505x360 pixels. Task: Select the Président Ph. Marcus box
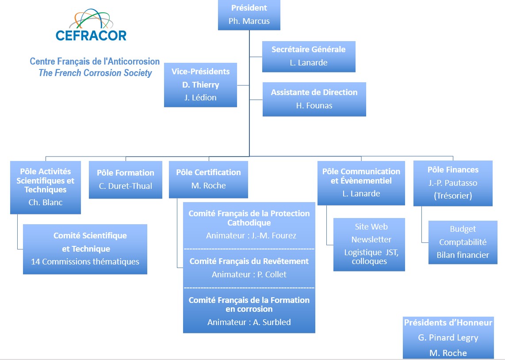coord(249,15)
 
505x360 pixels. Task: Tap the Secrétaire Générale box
coord(309,56)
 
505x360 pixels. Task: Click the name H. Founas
coord(314,105)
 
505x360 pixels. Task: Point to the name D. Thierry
coord(200,84)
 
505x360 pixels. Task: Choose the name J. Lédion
coord(200,98)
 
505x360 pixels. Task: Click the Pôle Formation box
coord(126,180)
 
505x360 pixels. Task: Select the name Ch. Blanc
coord(45,203)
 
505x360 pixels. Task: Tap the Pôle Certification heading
coord(208,172)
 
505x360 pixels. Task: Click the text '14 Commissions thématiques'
coord(85,261)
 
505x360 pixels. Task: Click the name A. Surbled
coord(272,322)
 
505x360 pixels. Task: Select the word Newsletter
coord(371,239)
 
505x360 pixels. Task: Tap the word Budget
coord(463,229)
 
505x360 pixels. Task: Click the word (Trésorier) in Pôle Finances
coord(453,195)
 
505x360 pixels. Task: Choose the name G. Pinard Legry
coord(448,337)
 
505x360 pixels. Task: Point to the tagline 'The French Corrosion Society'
coord(95,73)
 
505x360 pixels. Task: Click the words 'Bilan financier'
coord(463,255)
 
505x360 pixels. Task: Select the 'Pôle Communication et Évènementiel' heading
coord(361,176)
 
